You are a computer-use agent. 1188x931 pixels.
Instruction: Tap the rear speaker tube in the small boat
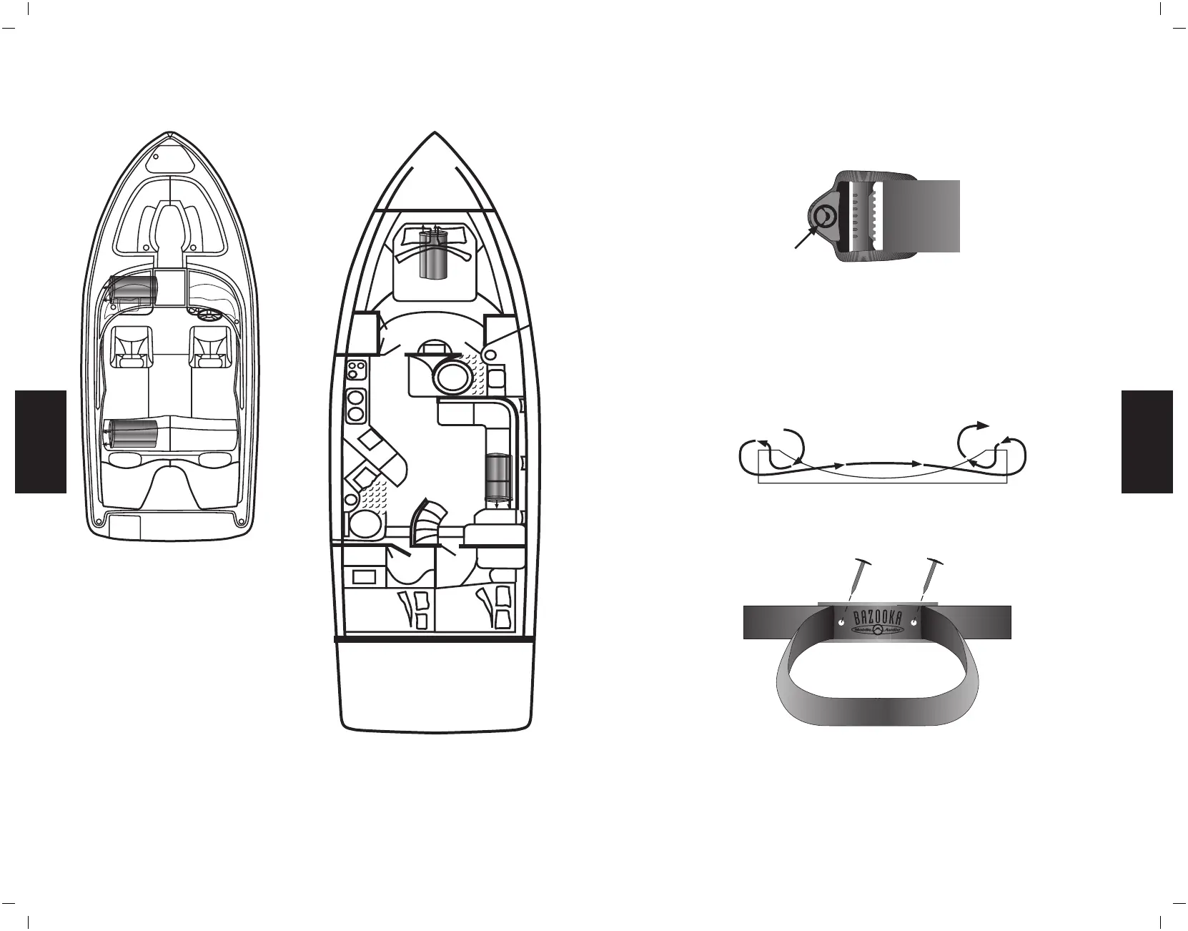[132, 435]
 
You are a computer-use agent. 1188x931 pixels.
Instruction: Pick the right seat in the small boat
[209, 346]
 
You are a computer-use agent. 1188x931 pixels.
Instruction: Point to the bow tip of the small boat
[169, 134]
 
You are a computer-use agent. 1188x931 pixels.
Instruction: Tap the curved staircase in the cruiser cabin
[429, 522]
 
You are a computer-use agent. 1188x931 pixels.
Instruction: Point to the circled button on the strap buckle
[824, 216]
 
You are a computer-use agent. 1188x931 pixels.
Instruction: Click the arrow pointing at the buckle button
[805, 239]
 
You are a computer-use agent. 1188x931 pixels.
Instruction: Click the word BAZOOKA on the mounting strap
[878, 618]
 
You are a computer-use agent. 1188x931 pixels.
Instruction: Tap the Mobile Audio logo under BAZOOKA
[878, 631]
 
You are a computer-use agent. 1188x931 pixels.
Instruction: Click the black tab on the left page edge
[41, 441]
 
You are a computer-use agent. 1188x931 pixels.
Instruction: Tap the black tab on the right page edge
[1147, 441]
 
